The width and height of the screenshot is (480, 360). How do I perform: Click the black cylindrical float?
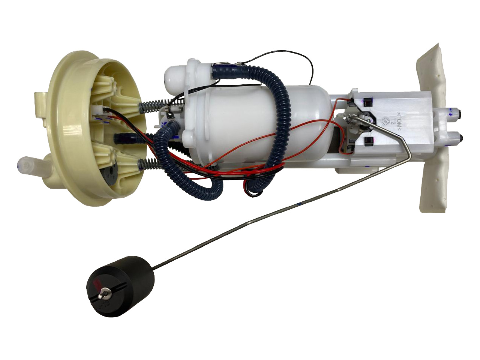(x=124, y=285)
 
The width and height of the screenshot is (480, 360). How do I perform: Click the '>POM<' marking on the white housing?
(x=400, y=122)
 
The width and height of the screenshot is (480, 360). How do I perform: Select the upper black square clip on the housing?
(x=367, y=102)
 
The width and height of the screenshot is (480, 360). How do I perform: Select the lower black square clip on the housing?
(x=367, y=141)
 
